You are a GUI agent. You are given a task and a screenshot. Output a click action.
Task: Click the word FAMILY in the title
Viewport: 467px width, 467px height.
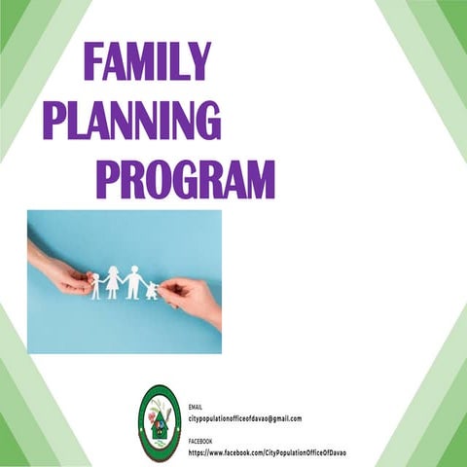click(147, 61)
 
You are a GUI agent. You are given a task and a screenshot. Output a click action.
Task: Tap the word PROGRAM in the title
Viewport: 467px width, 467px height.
click(184, 179)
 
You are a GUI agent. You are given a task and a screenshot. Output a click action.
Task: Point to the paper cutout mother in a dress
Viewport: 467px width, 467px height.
click(114, 282)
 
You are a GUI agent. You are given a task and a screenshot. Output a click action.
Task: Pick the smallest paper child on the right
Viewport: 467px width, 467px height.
click(152, 289)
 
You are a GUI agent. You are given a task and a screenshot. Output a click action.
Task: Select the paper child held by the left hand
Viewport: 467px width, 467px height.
click(96, 285)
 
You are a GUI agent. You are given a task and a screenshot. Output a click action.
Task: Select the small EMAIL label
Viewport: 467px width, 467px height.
click(196, 407)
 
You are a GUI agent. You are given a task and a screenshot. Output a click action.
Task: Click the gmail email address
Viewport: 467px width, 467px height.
click(245, 418)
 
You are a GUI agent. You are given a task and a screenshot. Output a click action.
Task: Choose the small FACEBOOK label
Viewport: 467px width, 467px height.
click(200, 442)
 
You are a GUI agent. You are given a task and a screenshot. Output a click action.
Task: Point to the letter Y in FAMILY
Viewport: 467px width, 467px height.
click(198, 61)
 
